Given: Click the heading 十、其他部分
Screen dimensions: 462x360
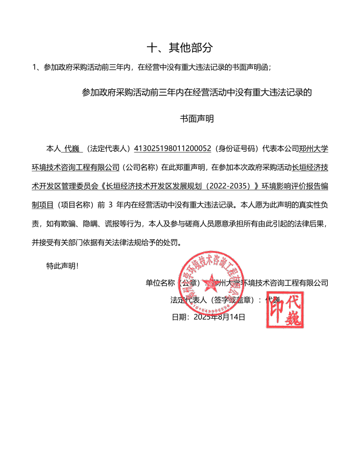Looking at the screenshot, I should [180, 48].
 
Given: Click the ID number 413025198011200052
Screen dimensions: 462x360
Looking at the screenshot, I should [172, 149].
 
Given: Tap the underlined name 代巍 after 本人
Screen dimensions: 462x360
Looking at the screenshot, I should [71, 149].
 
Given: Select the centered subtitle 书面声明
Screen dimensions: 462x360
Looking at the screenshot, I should [197, 119].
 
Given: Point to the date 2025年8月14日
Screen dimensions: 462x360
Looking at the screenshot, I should [219, 317].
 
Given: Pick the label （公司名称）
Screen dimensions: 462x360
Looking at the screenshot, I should [140, 167].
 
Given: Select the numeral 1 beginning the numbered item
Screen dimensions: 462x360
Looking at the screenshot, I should [34, 67].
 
